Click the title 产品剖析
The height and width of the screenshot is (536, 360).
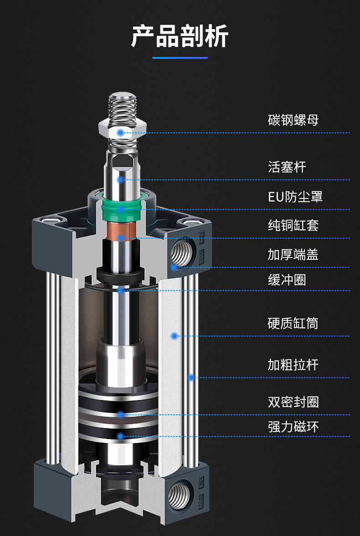click(180, 36)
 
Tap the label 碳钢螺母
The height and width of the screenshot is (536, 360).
click(293, 120)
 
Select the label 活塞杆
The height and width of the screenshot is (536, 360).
click(287, 167)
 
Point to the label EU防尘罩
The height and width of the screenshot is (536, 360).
click(295, 197)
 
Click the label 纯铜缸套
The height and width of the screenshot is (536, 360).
click(293, 225)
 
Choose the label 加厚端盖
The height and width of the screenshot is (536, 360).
click(293, 254)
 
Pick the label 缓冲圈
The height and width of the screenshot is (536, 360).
click(287, 279)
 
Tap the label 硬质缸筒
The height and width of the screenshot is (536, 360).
click(293, 324)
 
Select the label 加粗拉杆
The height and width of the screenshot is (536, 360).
click(293, 365)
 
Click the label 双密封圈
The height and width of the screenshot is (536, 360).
click(293, 402)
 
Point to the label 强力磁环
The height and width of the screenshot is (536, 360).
click(293, 427)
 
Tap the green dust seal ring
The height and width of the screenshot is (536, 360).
click(120, 210)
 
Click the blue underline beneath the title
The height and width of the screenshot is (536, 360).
click(180, 58)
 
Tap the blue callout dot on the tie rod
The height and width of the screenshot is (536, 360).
click(191, 377)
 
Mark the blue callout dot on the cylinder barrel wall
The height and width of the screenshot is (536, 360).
click(174, 336)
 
